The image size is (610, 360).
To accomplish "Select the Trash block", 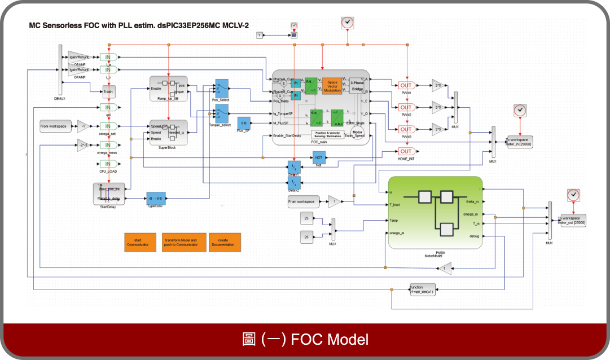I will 108,91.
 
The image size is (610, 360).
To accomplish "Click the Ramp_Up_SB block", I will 168,88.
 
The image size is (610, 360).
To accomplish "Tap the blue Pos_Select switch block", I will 222,88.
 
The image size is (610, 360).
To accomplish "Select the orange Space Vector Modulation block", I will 332,86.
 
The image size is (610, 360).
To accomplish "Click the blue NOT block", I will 319,158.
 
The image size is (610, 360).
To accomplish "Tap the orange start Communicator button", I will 139,242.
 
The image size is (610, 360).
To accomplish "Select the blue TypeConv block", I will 156,198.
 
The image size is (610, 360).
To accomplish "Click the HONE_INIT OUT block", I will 406,151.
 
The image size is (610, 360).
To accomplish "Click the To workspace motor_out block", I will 572,220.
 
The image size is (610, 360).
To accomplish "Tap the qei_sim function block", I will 422,289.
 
